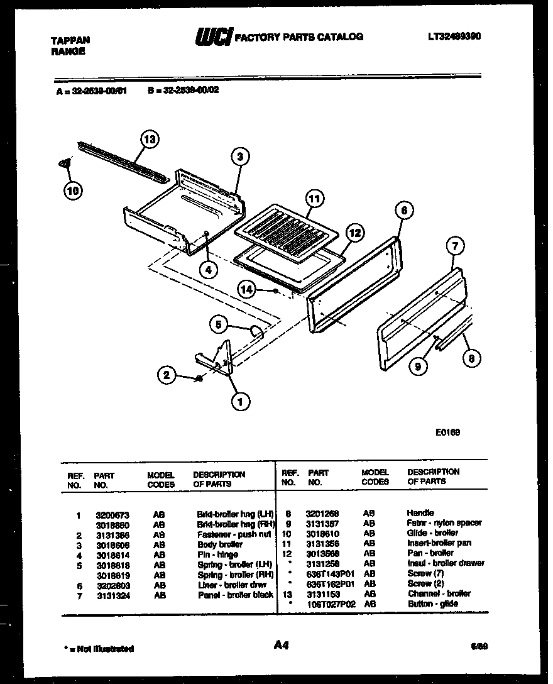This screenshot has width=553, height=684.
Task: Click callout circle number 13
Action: (x=149, y=139)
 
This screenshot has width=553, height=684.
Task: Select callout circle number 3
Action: (x=239, y=157)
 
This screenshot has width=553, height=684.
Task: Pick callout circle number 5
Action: (x=218, y=324)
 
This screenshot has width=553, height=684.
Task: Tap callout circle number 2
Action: (x=166, y=376)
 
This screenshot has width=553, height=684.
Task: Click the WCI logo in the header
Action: (x=214, y=38)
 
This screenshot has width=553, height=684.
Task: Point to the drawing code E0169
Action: (x=447, y=432)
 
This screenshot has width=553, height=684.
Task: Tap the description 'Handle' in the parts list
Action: (x=420, y=513)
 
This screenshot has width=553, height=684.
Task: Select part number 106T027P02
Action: (x=331, y=604)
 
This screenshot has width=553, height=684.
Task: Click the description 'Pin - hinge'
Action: (x=217, y=555)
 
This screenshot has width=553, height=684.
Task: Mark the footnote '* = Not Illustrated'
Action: (x=99, y=648)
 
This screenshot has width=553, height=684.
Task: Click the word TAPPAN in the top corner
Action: (x=70, y=40)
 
